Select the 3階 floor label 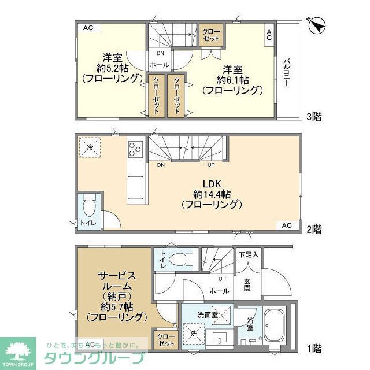coord(314,116)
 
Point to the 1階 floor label coord(314,348)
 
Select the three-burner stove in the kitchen coord(135,149)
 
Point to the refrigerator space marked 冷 coord(90,148)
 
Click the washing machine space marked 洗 coord(193,334)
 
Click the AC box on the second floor coord(287,225)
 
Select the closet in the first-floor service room coord(165,340)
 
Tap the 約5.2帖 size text coord(112,68)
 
